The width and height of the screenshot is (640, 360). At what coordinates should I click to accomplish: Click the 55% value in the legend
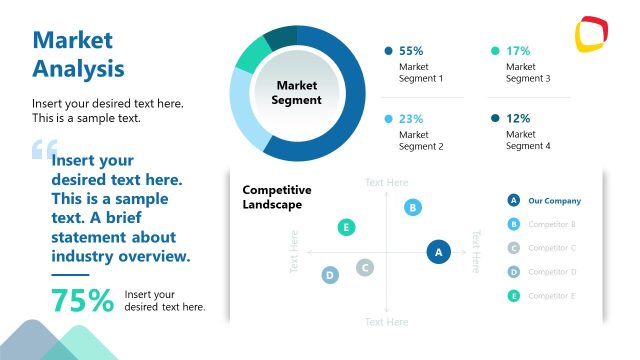(x=411, y=50)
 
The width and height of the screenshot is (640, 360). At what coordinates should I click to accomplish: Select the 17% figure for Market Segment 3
(x=518, y=50)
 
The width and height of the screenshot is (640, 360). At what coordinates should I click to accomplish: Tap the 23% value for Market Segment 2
(x=411, y=118)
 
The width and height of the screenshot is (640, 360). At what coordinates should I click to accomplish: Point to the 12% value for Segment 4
(x=518, y=118)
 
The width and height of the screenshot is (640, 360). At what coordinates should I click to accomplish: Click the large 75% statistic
(x=82, y=300)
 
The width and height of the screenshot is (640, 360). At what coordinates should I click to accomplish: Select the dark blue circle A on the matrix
(x=437, y=252)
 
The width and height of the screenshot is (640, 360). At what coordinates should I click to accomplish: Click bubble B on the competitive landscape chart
(x=413, y=207)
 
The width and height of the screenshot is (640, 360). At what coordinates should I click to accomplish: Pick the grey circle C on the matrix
(x=366, y=267)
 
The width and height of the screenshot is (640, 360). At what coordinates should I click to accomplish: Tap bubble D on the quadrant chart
(x=330, y=275)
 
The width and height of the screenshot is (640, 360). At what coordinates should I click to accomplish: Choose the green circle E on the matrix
(x=346, y=227)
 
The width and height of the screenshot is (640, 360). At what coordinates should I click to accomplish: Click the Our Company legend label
(x=554, y=200)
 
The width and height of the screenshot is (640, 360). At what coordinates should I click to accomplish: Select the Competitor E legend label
(x=552, y=295)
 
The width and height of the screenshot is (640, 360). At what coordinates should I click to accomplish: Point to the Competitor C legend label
(x=552, y=248)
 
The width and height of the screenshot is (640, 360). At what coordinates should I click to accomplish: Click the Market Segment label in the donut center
(x=296, y=93)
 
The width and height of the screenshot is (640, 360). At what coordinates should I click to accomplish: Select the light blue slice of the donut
(x=246, y=110)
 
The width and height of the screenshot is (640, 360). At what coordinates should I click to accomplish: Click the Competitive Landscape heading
(x=277, y=197)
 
